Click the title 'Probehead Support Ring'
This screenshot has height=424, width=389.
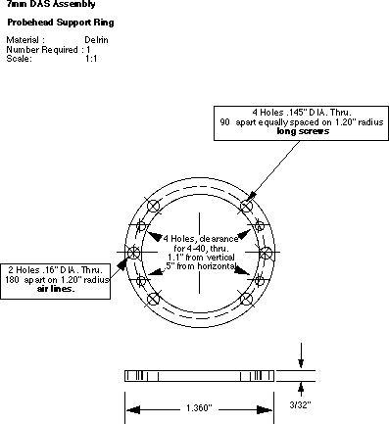(x=61, y=23)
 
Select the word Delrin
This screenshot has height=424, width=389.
(x=96, y=40)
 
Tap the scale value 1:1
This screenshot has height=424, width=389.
(x=91, y=59)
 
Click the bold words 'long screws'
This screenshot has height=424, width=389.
(x=303, y=131)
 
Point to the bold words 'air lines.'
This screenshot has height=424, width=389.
(x=56, y=289)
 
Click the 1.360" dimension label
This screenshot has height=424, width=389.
(x=199, y=408)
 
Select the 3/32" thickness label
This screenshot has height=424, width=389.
(x=300, y=404)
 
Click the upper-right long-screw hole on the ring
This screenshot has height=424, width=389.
(x=246, y=207)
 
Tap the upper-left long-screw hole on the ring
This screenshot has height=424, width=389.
(x=153, y=207)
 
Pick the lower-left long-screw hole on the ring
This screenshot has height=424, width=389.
(x=153, y=299)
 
